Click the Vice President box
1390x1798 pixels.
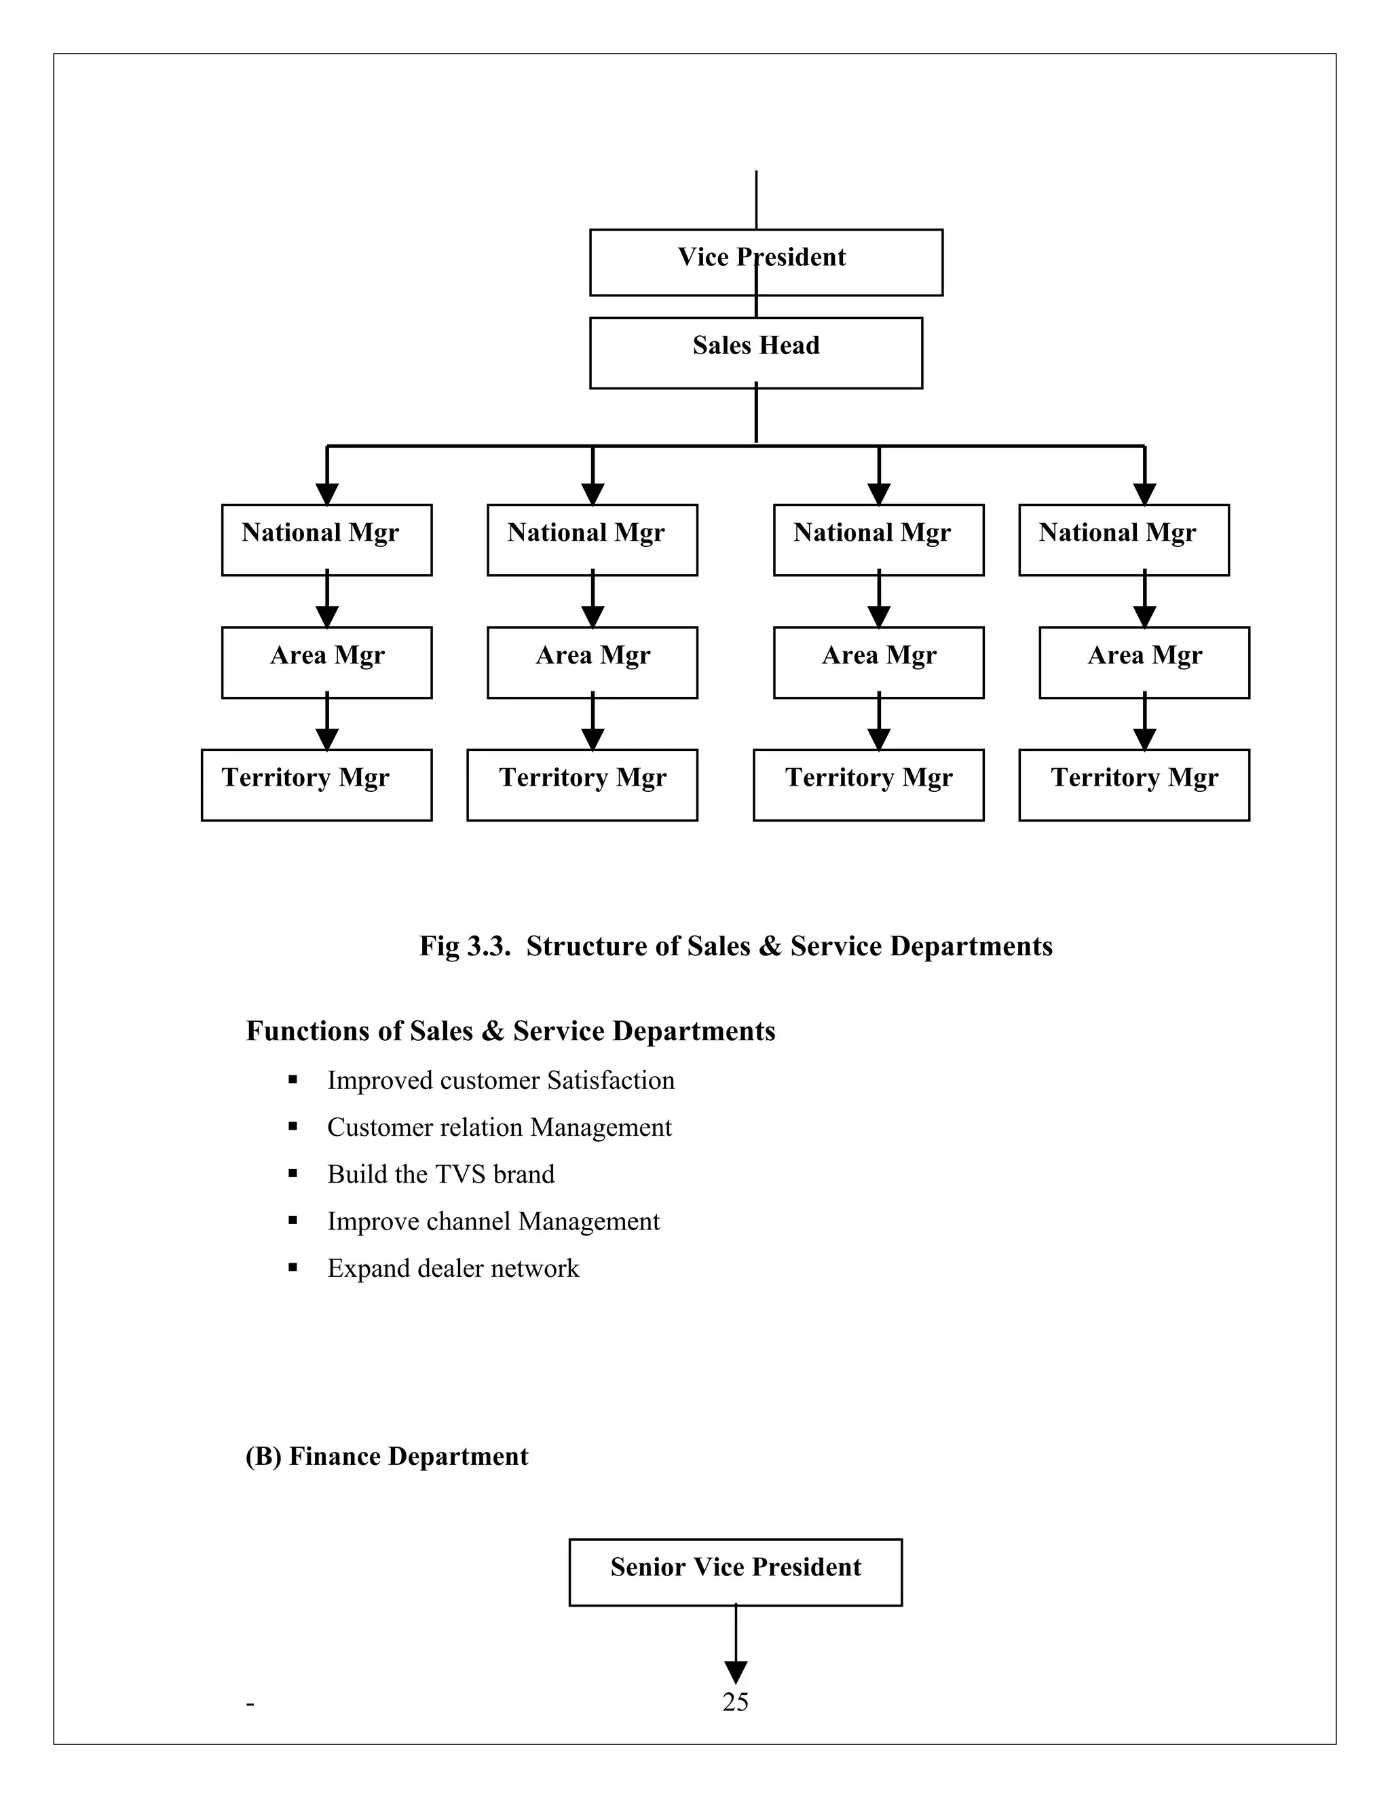click(766, 262)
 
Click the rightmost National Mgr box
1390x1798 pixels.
click(1123, 539)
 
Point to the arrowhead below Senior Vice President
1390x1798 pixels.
click(735, 1672)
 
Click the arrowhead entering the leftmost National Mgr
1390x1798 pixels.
click(327, 494)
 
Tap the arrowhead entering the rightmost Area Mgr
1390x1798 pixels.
click(1144, 617)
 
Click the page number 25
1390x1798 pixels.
click(734, 1702)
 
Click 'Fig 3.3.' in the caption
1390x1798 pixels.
click(464, 946)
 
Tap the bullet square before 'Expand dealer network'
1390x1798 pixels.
click(293, 1268)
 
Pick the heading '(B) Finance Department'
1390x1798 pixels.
click(386, 1455)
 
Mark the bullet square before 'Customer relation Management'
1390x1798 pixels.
click(293, 1127)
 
